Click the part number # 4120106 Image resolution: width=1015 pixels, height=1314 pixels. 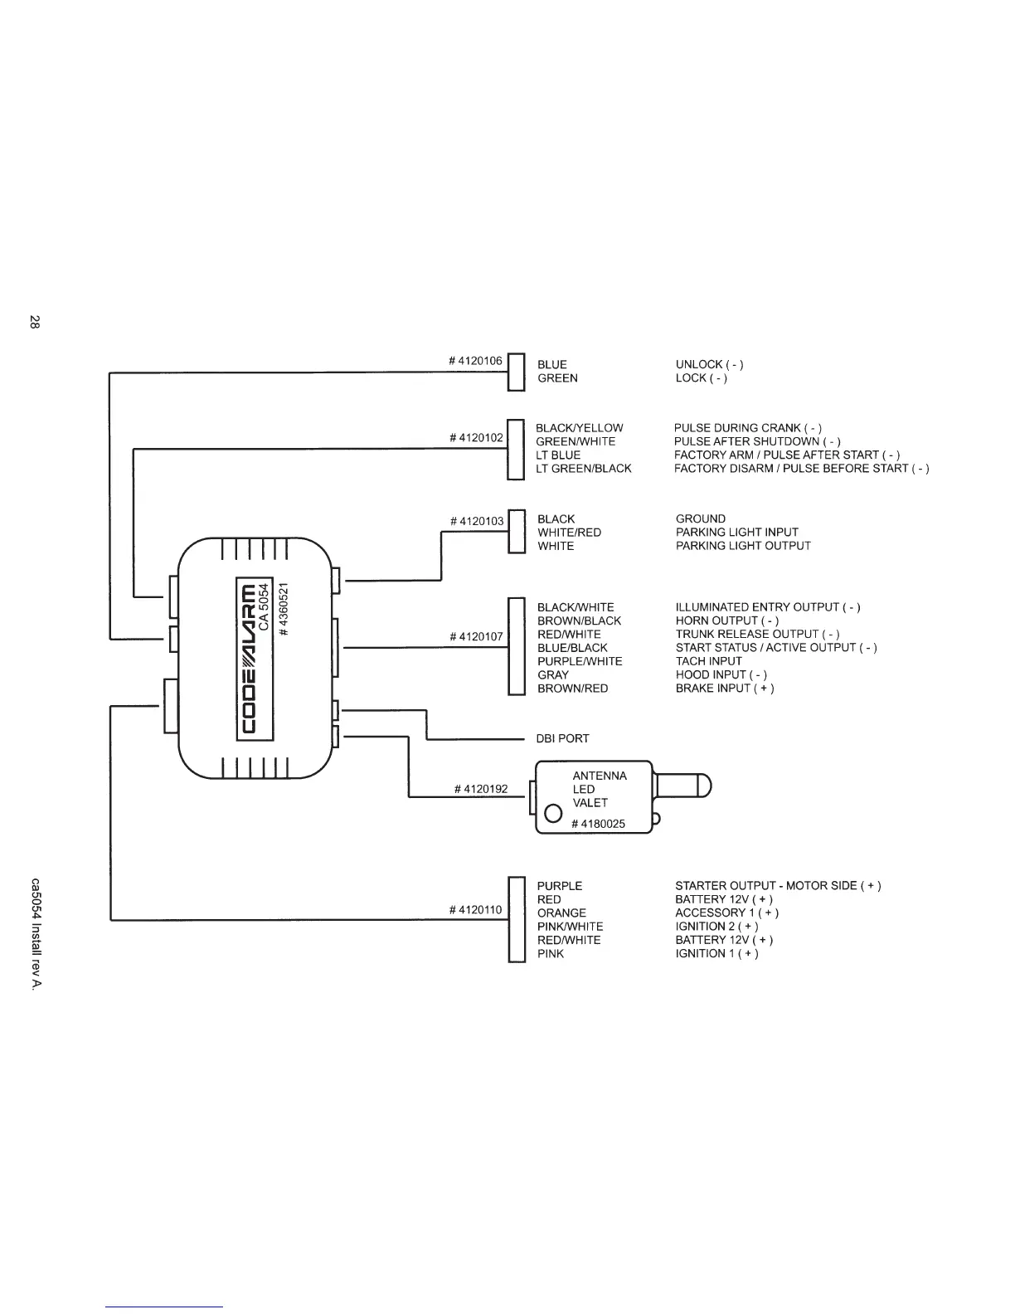point(475,361)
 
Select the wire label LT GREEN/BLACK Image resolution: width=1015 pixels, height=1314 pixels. point(583,469)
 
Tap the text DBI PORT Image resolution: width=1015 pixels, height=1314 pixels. point(562,738)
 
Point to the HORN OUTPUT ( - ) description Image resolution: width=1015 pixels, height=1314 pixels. point(726,620)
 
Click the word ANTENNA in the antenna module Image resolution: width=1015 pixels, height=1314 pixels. point(600,776)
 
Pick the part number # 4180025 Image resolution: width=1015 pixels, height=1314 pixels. point(598,824)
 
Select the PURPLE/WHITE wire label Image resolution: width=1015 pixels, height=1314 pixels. point(579,661)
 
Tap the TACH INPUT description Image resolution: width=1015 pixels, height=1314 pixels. point(708,661)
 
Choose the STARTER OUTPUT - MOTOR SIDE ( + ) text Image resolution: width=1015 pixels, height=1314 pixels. point(778,886)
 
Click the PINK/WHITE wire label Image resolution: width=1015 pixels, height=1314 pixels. point(570,927)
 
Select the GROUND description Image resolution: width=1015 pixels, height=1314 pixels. point(700,519)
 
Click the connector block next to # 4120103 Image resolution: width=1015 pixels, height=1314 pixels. point(517,532)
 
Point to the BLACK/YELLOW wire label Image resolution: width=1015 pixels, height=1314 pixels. point(579,428)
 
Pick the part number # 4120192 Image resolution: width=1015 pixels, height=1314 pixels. point(481,789)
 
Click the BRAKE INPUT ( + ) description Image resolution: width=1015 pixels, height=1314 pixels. point(725,689)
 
